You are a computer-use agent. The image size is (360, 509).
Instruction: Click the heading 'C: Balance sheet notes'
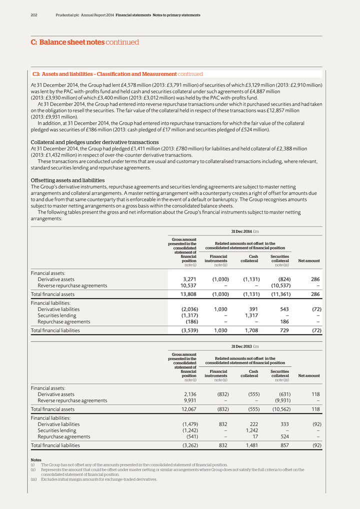(67, 42)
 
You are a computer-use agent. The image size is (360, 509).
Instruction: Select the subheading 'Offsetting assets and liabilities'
(67, 180)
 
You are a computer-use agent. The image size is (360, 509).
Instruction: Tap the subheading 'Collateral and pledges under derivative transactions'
(94, 142)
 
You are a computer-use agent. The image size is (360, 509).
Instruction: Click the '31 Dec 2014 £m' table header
(244, 231)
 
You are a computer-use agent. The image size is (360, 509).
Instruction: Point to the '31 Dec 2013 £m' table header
(244, 346)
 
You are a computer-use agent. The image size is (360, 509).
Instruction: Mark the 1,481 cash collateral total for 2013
(250, 444)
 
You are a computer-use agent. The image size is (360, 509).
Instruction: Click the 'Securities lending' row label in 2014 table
(57, 315)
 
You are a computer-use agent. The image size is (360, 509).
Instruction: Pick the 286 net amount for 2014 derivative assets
(315, 279)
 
